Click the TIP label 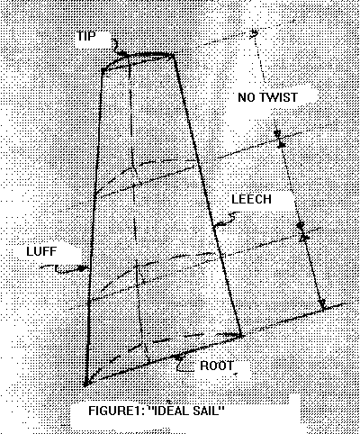(x=86, y=36)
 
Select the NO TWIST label (x=267, y=97)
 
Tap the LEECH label (x=251, y=199)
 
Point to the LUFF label (x=41, y=251)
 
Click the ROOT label (x=217, y=366)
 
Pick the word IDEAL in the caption (x=169, y=411)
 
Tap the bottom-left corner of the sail (x=85, y=384)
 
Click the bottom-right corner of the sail (x=241, y=336)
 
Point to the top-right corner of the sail (x=174, y=55)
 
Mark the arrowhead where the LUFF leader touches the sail (x=82, y=268)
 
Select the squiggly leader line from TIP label (x=116, y=47)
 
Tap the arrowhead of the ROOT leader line (x=179, y=357)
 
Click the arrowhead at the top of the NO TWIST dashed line (x=255, y=33)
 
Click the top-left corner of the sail (x=103, y=70)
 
